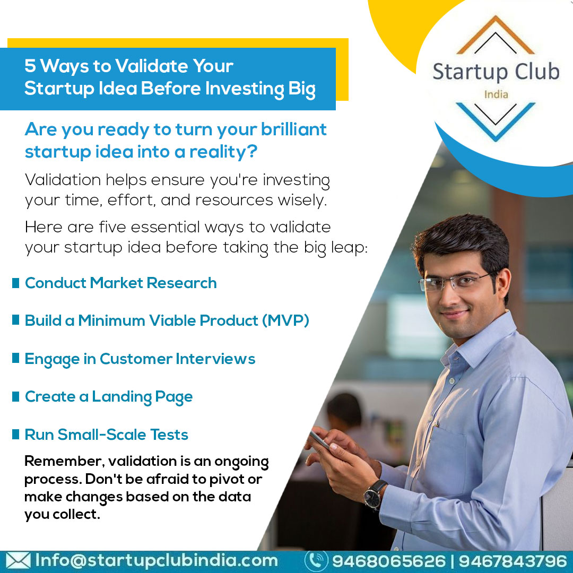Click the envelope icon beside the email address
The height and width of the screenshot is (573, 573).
point(18,561)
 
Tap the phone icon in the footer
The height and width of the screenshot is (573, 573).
point(316,561)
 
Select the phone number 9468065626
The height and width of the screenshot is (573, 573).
point(388,561)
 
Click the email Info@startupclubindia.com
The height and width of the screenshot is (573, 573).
point(157,560)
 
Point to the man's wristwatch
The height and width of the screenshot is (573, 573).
point(375,493)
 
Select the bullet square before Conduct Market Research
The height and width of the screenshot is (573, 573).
point(15,283)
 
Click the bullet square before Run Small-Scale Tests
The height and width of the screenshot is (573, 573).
point(15,435)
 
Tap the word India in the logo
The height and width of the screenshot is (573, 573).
point(496,94)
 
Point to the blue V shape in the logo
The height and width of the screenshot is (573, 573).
point(496,119)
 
